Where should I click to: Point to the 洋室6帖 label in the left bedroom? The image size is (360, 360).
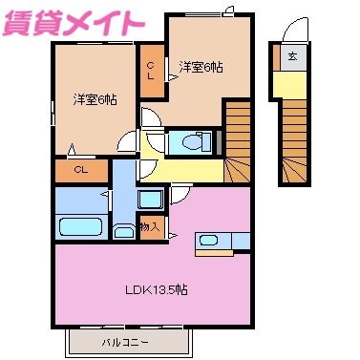point(93,98)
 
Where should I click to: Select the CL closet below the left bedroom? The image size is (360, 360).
point(81,170)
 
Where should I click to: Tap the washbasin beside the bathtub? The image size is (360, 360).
point(124,231)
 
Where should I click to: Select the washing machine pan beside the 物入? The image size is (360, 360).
point(151,201)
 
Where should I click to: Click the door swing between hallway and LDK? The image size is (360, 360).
point(178,199)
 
